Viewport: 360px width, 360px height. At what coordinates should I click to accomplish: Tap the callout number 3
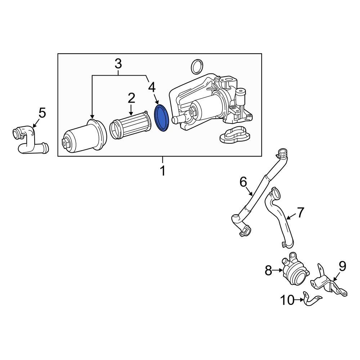point(118,64)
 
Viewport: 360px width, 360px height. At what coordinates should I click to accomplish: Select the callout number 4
point(152,87)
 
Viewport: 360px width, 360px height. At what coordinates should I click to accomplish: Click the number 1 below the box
point(163,171)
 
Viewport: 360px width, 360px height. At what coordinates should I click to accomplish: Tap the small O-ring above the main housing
point(197,66)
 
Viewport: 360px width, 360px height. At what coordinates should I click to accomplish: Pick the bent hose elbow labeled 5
point(29,141)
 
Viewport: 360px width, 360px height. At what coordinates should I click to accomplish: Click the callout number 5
point(42,113)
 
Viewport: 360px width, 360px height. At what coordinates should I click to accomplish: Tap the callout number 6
point(243,182)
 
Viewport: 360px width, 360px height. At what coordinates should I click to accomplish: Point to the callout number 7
point(301,212)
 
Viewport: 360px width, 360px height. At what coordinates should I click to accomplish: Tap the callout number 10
point(287,300)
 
